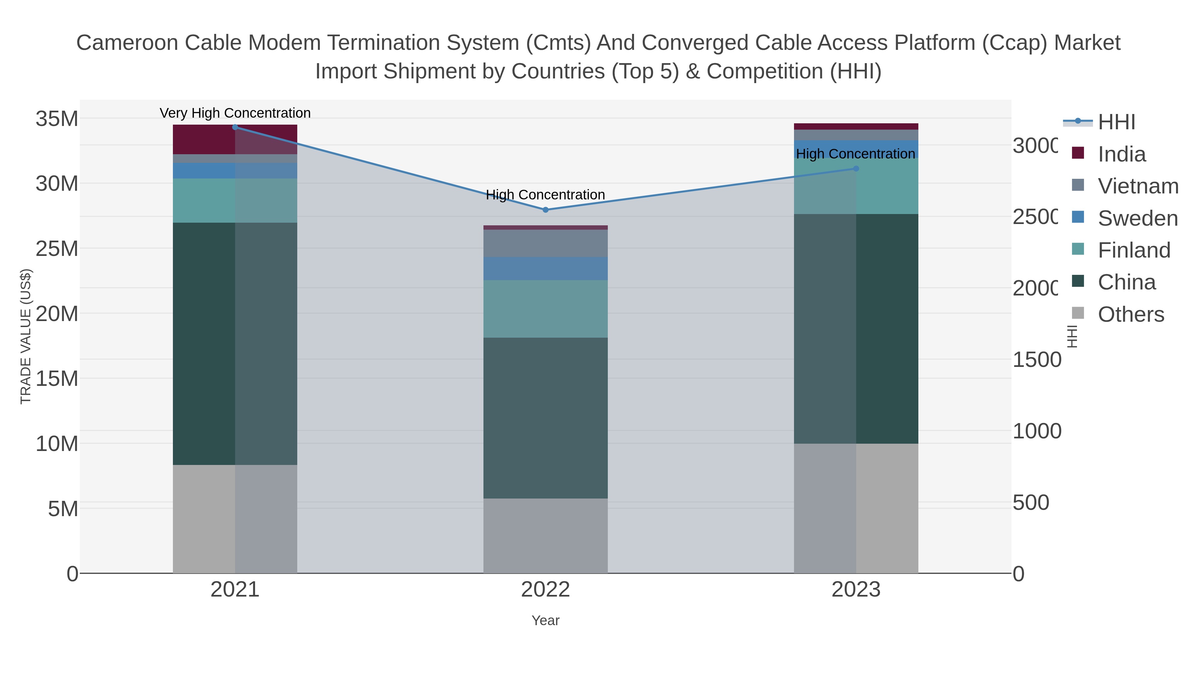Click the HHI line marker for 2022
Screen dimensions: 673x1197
546,210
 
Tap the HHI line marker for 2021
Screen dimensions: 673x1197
235,127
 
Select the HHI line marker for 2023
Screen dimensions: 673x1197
856,168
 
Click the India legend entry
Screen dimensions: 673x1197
1121,154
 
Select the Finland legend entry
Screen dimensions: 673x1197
1134,250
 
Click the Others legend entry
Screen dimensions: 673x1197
1130,314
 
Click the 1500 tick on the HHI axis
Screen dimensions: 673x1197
1036,360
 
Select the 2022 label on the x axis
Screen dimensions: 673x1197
546,590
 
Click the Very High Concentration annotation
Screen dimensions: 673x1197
235,113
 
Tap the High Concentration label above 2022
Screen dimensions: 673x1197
546,195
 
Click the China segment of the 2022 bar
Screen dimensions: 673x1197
546,418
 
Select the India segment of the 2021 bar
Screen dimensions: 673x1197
204,139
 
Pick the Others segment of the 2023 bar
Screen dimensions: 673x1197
856,508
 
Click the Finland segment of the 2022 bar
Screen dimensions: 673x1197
546,309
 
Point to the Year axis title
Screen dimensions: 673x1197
546,620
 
